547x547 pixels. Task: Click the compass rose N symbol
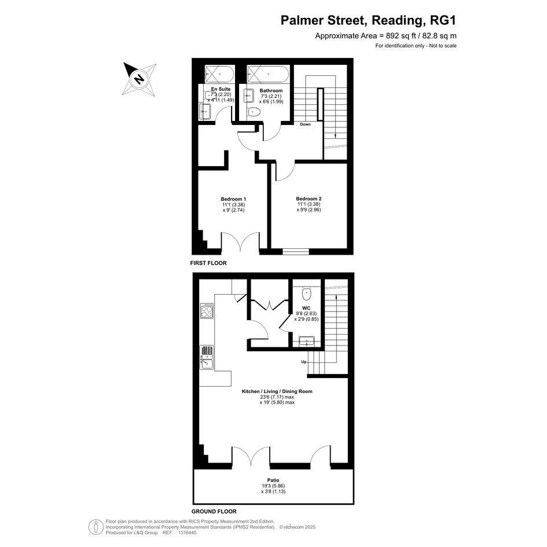tap(139, 79)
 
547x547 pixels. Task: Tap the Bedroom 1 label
tap(233, 199)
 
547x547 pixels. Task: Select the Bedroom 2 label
tap(309, 199)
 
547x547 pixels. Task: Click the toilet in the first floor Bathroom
tap(254, 112)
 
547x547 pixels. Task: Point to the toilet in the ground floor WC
tap(306, 293)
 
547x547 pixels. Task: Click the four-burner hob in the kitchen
tap(207, 310)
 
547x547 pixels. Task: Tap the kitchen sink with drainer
tap(207, 357)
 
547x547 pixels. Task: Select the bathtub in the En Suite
tap(219, 74)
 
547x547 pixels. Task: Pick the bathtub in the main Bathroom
tap(268, 74)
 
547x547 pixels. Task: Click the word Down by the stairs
tap(305, 124)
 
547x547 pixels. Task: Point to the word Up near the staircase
tap(304, 362)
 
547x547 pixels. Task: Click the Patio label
tap(273, 480)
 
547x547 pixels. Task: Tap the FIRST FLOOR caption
tap(208, 263)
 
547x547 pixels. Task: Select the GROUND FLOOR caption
tap(214, 512)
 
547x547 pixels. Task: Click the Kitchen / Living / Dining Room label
tap(277, 391)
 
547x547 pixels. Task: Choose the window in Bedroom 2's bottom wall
tap(296, 251)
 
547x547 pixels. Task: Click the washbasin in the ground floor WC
tap(307, 341)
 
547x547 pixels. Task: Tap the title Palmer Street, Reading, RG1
tap(368, 20)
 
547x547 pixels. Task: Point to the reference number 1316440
tap(188, 533)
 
